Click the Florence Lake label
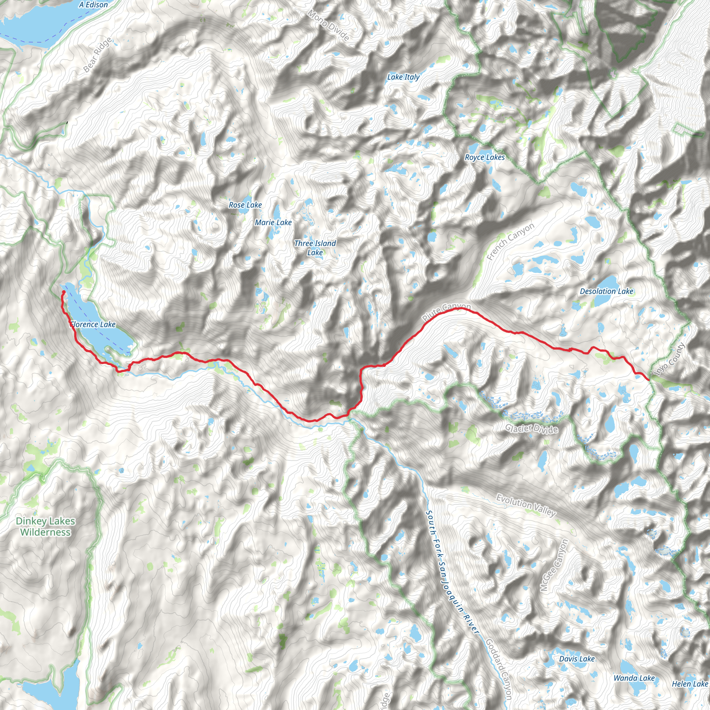93,324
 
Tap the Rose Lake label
245,205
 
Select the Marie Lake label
273,222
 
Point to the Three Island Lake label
315,248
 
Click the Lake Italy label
403,77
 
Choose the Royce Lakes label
485,157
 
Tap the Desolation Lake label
606,292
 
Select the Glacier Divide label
531,428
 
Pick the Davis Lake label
577,659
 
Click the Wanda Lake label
634,678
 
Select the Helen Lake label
690,684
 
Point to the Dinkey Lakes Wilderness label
45,527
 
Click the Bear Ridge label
97,55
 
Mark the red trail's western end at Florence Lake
63,293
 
